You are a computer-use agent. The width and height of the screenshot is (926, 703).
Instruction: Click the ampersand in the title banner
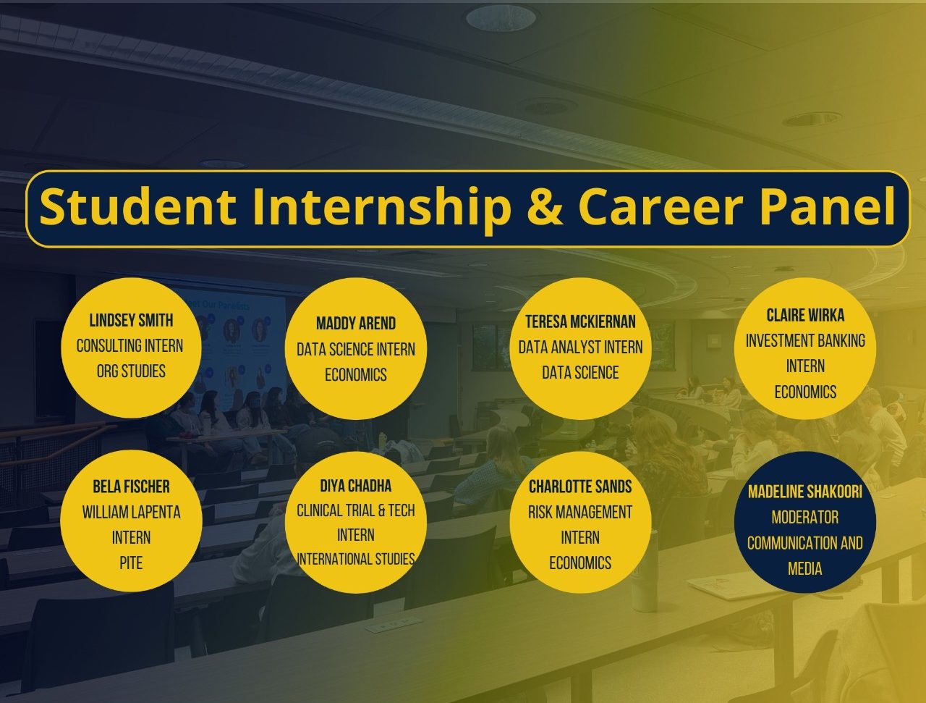coord(545,207)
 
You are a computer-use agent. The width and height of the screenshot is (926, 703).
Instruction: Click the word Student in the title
coord(138,206)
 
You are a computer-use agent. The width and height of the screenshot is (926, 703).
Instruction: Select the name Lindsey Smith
coord(131,321)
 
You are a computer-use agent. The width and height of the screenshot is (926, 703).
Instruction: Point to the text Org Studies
coord(131,371)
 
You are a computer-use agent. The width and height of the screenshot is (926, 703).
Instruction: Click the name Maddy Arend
coord(356,324)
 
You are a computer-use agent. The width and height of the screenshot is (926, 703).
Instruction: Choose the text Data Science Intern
coord(356,350)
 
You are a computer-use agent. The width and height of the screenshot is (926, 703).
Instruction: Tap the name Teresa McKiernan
coord(580,321)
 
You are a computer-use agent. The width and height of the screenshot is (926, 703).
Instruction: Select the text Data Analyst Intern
coord(580,348)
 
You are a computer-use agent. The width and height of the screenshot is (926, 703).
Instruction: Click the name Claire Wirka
coord(805,316)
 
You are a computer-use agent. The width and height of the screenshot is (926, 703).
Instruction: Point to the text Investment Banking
coord(805,341)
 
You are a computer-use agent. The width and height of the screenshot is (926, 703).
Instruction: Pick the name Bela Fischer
coord(131,487)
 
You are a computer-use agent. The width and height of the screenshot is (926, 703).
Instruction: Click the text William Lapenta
coord(131,513)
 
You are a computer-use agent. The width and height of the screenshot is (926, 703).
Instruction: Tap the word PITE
coord(131,563)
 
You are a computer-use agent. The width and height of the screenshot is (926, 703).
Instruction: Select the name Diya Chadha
coord(356,486)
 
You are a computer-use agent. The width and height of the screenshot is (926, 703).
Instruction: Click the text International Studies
coord(356,560)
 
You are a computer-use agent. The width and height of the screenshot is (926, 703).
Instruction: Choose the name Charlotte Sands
coord(580,487)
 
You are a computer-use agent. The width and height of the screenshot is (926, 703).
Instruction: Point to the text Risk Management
coord(580,513)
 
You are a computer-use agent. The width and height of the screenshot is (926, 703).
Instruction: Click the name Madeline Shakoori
coord(805,492)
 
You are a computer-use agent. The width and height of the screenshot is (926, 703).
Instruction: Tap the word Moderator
coord(805,518)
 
